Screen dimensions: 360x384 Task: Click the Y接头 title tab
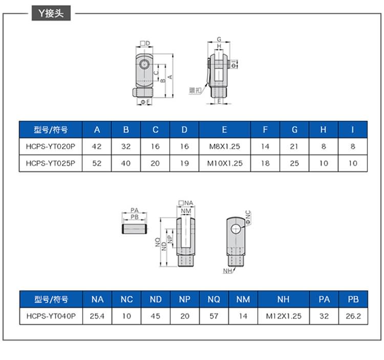pos(49,14)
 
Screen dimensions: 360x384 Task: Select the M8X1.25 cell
pos(225,146)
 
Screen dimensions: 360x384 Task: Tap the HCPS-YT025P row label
pos(50,164)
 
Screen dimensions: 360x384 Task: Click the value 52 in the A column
pos(97,164)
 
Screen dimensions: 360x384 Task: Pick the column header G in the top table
pos(294,130)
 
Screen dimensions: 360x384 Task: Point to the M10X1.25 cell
pos(225,164)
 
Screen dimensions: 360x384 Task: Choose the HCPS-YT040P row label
pos(50,316)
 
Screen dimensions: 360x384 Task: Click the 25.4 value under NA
pos(97,316)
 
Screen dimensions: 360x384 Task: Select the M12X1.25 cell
pos(284,316)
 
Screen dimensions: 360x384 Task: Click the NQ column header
pos(214,299)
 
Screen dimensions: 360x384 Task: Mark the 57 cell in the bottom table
pos(214,316)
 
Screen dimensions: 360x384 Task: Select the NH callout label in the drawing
pos(227,270)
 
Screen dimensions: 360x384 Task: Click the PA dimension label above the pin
pos(135,210)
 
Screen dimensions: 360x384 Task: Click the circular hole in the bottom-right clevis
pos(234,229)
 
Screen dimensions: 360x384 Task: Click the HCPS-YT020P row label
pos(50,146)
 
